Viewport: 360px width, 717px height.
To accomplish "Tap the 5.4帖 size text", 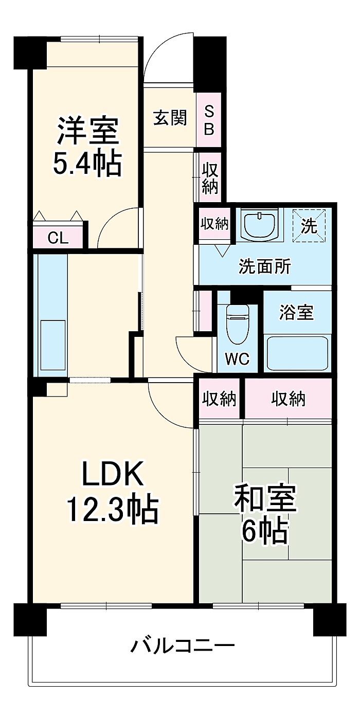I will (x=88, y=164).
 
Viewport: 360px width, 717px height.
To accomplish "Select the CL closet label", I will (x=58, y=238).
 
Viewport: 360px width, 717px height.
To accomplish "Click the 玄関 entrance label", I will (x=170, y=118).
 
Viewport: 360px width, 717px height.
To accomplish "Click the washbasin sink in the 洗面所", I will (x=260, y=224).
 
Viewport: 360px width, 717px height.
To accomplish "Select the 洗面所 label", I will (x=264, y=266).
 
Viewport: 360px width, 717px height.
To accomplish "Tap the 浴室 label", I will (x=297, y=312).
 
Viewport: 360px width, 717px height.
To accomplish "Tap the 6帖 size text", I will (x=264, y=532).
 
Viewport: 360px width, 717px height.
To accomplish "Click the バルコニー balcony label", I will (x=183, y=644).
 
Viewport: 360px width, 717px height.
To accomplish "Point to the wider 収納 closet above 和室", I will (x=288, y=399).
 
